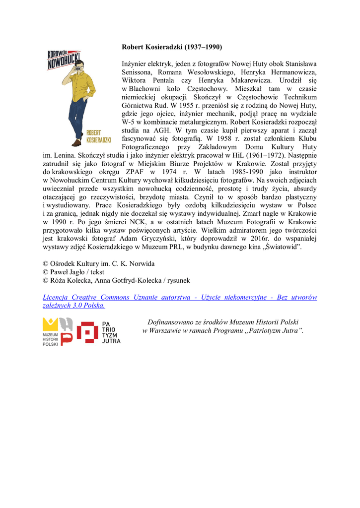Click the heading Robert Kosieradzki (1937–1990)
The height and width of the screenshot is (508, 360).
coord(172,47)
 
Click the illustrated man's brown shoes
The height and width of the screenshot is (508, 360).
coord(77,142)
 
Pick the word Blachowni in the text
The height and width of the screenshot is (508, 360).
coord(145,88)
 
